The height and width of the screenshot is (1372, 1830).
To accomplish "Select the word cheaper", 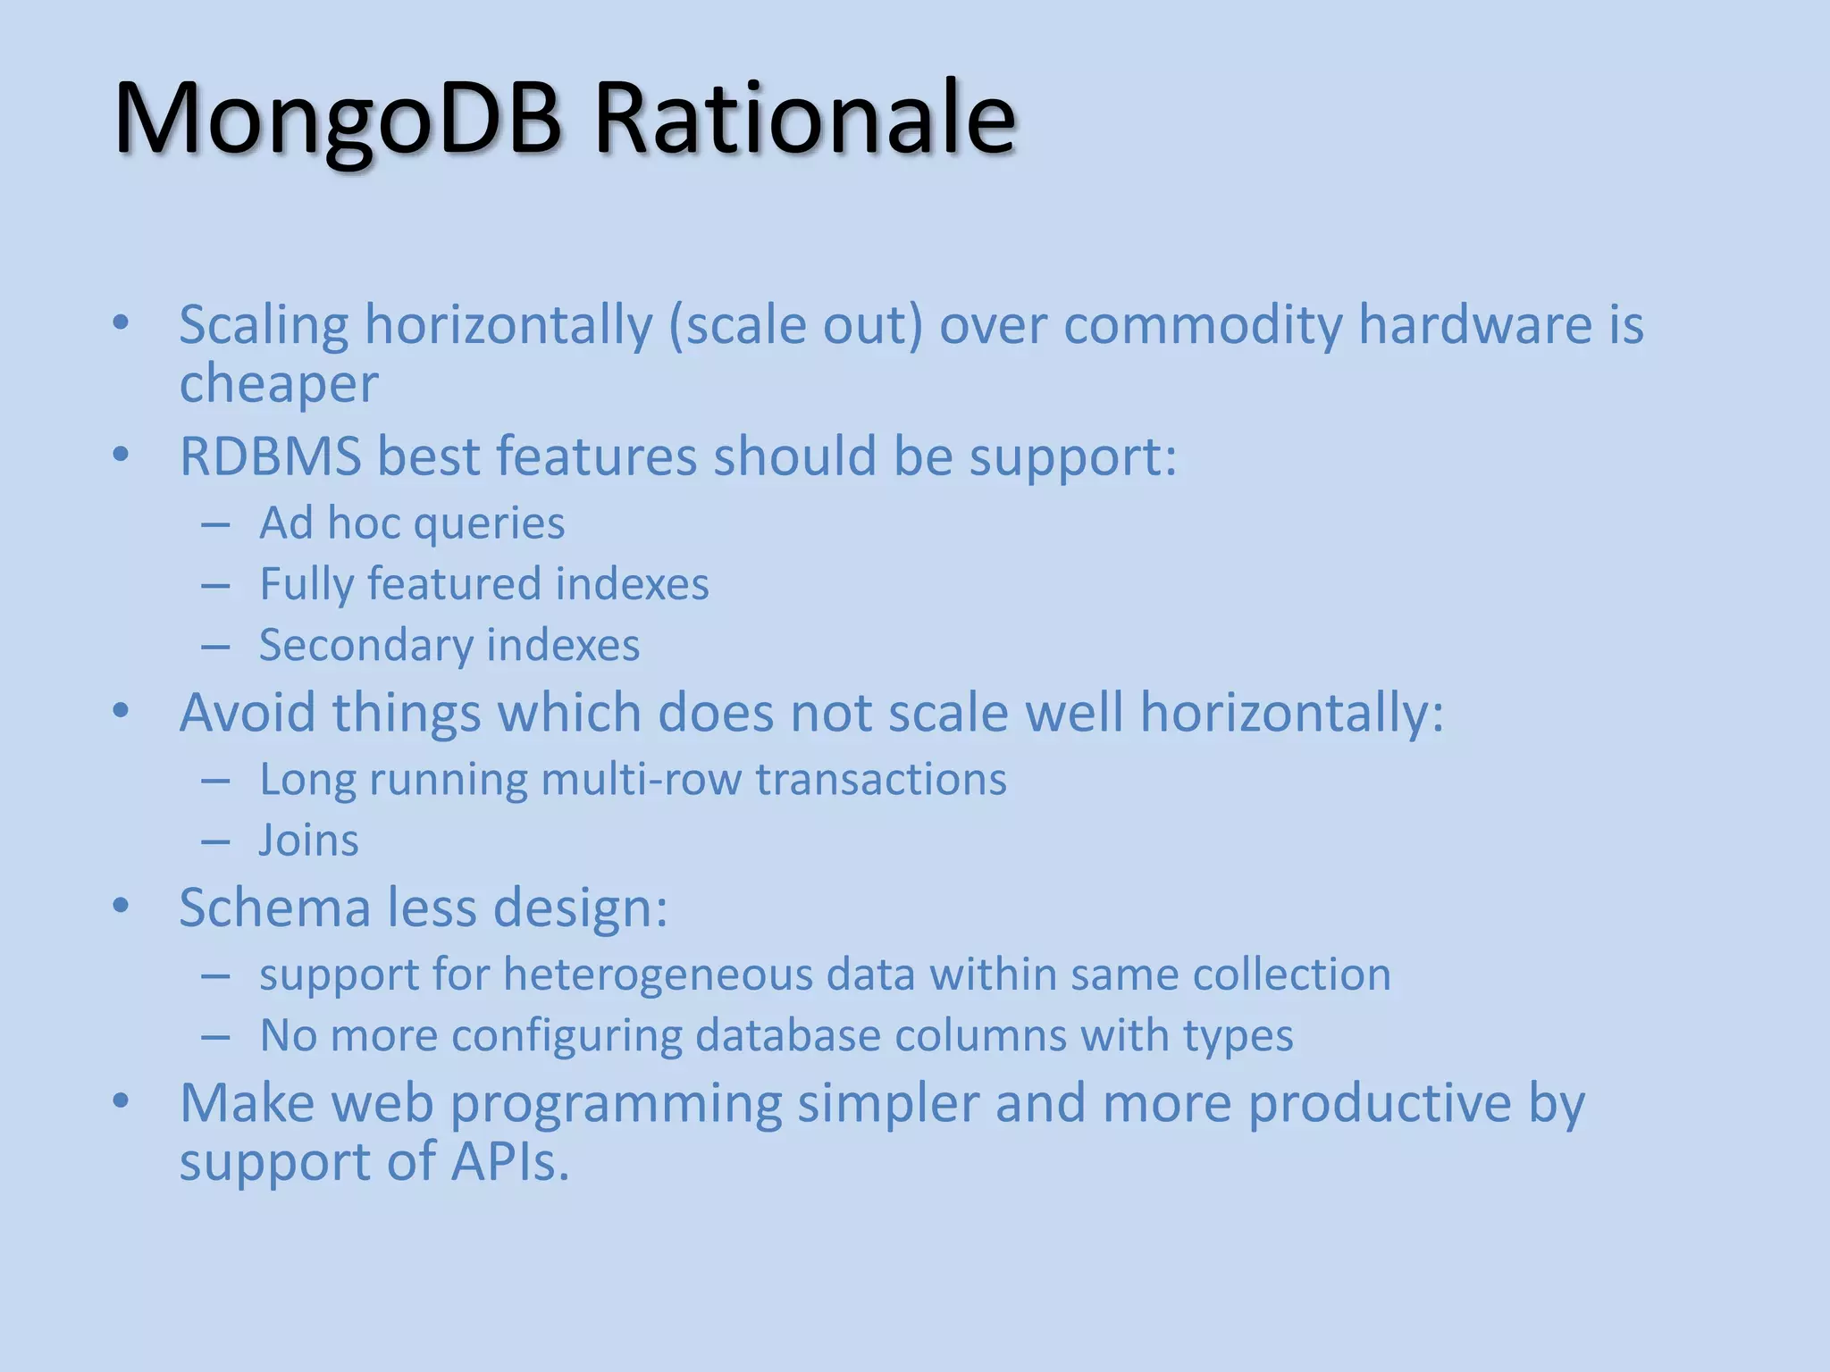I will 279,384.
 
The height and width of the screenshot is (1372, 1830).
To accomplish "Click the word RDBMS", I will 270,456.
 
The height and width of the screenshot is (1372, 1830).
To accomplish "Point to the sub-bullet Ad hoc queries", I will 412,523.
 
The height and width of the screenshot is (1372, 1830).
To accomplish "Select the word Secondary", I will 365,646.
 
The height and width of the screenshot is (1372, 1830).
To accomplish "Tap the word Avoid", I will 248,713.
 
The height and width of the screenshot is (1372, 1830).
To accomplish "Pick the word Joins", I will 308,841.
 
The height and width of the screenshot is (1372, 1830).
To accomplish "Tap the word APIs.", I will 509,1162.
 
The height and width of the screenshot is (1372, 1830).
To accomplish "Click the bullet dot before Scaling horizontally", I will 122,323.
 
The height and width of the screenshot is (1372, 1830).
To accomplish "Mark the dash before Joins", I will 215,841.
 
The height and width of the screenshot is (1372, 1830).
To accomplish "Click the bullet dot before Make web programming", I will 122,1102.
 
